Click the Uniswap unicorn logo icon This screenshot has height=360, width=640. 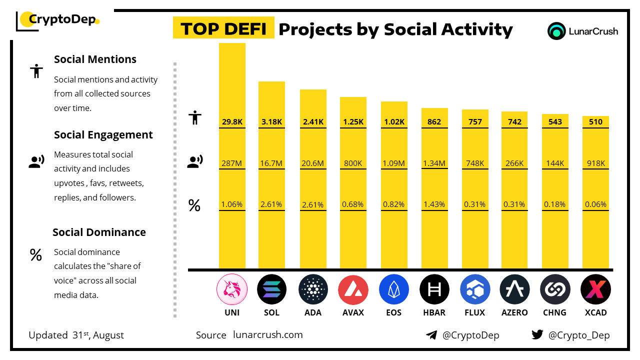tap(232, 289)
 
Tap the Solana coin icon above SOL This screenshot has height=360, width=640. tap(271, 289)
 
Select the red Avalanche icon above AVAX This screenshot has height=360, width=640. tap(353, 289)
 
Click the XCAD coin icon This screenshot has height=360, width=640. tap(595, 289)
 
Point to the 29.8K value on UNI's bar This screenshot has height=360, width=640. tap(232, 121)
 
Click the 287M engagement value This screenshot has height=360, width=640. tap(232, 163)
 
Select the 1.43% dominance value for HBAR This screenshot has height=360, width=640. tap(434, 204)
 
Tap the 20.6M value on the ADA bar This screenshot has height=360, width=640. tap(313, 163)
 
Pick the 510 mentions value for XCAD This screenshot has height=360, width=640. tap(595, 121)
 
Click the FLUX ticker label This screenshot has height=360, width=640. tap(474, 312)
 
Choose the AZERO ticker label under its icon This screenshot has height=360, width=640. tap(514, 312)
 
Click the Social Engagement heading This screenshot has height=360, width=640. tap(103, 135)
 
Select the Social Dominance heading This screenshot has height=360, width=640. tap(99, 232)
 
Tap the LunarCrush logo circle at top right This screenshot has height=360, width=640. tap(556, 31)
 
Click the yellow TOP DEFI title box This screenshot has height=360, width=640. tap(223, 29)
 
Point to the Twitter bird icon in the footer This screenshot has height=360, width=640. tap(537, 335)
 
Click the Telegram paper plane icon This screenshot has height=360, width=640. tap(431, 335)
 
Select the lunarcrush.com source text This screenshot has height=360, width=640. tap(267, 335)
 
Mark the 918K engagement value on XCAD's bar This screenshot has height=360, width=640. tap(595, 163)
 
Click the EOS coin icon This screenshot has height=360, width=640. tap(393, 289)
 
